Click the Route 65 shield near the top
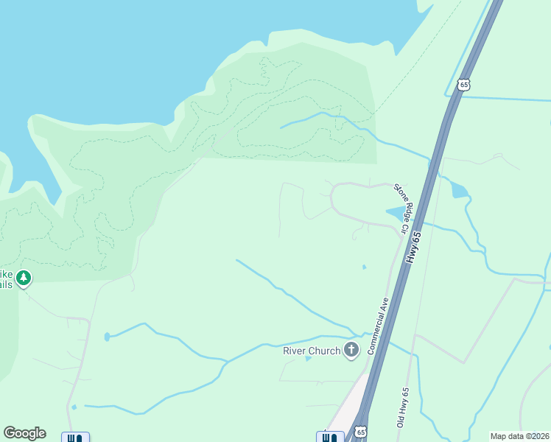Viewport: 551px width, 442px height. point(463,85)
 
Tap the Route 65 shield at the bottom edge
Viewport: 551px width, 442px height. point(359,432)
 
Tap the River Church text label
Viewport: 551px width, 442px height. point(312,351)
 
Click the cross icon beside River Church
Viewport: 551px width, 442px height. point(351,350)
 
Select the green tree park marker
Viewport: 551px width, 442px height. point(24,278)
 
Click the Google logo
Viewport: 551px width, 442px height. point(24,433)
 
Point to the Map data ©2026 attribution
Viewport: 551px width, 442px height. point(519,436)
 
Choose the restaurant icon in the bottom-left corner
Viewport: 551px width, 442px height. point(75,438)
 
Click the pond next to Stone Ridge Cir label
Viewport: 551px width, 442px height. point(395,214)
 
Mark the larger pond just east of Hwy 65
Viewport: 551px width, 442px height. point(459,191)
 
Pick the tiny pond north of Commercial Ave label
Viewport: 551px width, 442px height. point(364,267)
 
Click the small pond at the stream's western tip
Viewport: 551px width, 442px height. point(108,337)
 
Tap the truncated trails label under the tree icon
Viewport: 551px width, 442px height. point(6,284)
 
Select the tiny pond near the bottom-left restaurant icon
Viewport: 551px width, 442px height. point(74,407)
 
